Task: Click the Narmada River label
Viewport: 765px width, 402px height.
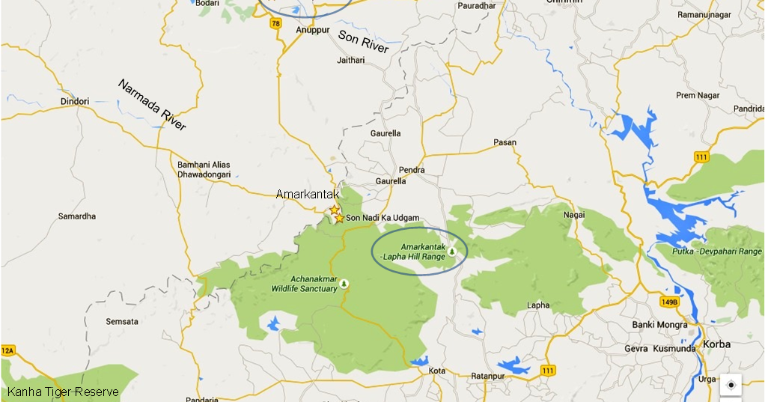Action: tap(152, 105)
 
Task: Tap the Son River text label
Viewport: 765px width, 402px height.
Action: tap(364, 42)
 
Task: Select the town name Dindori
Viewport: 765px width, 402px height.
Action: tap(74, 102)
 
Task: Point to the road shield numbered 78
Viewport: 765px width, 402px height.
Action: tap(276, 24)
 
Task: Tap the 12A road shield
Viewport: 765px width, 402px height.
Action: tap(7, 350)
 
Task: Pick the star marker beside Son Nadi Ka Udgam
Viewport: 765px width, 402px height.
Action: tap(339, 219)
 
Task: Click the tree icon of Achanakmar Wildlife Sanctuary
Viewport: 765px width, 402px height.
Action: tap(344, 283)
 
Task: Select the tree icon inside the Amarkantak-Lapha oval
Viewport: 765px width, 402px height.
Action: tap(452, 252)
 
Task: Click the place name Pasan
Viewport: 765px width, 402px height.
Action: tap(505, 142)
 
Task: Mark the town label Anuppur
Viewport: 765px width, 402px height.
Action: tap(313, 30)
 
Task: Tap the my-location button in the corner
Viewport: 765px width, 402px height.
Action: tap(731, 386)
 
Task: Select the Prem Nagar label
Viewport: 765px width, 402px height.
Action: tap(697, 96)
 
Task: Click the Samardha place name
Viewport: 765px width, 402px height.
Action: tap(77, 216)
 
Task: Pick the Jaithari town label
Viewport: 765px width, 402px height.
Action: tap(351, 60)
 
